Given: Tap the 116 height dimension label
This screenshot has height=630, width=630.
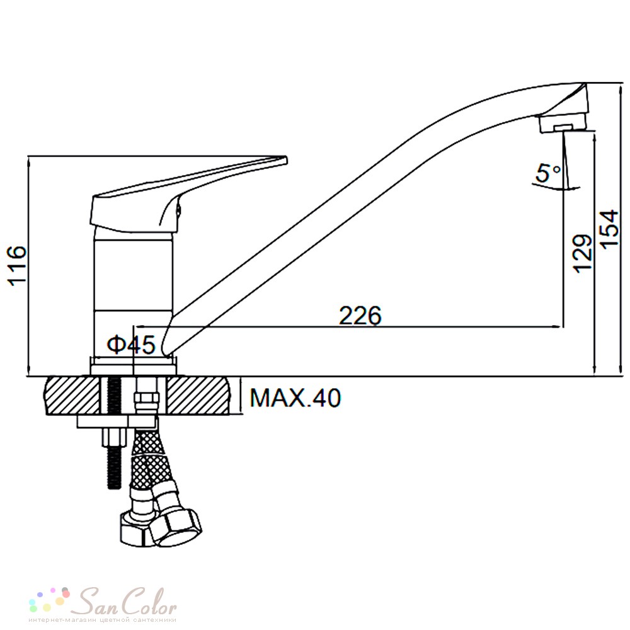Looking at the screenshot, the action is (18, 266).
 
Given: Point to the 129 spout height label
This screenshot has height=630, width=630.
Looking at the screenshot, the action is (583, 253).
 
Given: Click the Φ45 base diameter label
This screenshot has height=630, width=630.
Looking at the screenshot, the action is (131, 345).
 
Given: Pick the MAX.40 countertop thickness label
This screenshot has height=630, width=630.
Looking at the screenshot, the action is (295, 398).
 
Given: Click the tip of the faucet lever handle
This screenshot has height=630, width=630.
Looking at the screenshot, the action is (286, 160).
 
